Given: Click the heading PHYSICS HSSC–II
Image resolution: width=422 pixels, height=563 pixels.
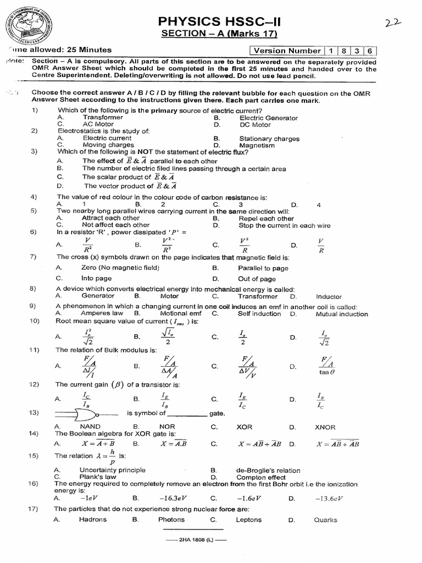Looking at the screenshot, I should [223, 22].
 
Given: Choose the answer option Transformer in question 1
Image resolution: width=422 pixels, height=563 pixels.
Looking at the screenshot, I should [103, 118].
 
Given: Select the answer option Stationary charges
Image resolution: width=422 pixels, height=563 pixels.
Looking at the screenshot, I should [269, 139].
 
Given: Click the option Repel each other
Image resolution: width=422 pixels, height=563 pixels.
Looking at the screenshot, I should [266, 218].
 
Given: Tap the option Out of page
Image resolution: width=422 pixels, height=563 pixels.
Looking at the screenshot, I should [257, 279].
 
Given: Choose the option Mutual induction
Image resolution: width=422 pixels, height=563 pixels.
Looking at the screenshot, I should [341, 314].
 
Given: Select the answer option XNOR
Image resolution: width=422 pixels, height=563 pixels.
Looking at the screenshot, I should [325, 427].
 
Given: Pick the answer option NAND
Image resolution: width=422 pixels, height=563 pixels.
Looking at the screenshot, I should [90, 427].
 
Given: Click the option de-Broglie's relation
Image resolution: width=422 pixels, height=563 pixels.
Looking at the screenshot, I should [268, 471].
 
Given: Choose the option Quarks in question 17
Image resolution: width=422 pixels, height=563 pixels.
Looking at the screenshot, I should [326, 520].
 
